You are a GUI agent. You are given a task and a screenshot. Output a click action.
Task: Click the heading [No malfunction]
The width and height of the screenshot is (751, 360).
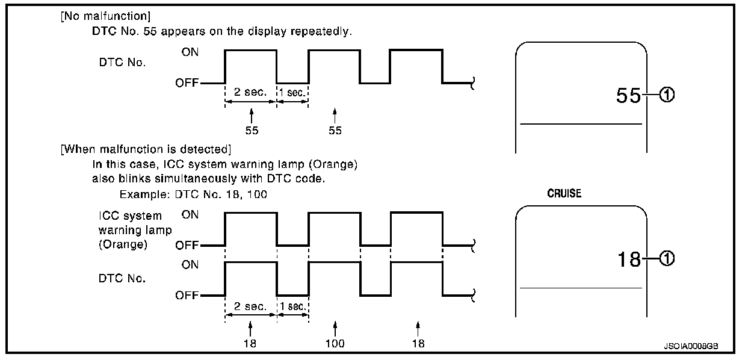click(97, 16)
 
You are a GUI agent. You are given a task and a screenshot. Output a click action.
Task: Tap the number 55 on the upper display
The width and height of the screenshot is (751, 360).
click(627, 96)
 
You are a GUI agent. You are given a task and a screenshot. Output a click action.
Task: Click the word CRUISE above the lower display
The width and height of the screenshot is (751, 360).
click(564, 195)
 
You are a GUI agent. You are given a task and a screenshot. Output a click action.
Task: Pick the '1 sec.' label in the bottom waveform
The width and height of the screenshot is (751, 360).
click(293, 306)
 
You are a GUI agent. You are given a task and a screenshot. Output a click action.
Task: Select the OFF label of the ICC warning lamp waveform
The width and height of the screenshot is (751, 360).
click(187, 246)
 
